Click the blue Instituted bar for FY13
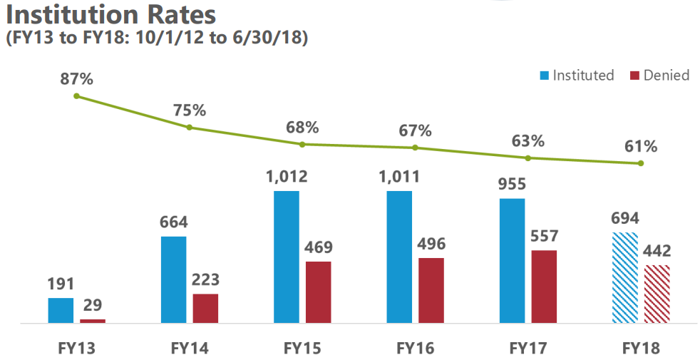(x=61, y=310)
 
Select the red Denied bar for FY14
(x=205, y=308)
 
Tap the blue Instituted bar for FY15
(x=287, y=257)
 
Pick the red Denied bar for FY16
(x=431, y=290)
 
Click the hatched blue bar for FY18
(x=625, y=277)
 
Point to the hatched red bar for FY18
(x=657, y=294)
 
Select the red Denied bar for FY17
(x=544, y=287)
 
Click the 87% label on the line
(x=77, y=79)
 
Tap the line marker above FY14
(x=190, y=128)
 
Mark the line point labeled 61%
(x=641, y=164)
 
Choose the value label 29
(x=93, y=305)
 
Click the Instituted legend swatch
(x=545, y=76)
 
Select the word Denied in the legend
(x=666, y=76)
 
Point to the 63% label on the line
(x=528, y=140)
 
